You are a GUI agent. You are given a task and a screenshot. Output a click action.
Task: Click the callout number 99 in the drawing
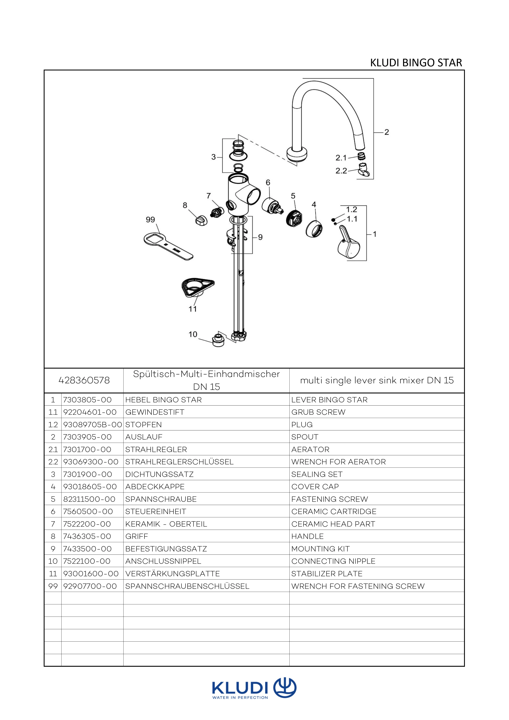click(x=150, y=219)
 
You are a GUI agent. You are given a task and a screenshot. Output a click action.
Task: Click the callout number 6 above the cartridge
click(x=268, y=183)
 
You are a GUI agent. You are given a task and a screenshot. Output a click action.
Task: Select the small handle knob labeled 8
click(x=201, y=220)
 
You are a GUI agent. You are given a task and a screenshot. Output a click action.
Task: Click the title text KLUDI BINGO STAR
click(x=416, y=63)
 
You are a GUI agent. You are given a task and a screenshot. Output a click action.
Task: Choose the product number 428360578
click(x=84, y=380)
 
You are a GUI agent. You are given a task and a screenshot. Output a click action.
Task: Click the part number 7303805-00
click(x=87, y=400)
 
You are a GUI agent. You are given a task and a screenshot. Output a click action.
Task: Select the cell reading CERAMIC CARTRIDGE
click(x=334, y=511)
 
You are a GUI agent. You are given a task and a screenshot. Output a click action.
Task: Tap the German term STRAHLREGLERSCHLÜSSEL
click(x=179, y=462)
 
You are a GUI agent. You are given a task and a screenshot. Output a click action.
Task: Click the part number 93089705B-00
click(x=92, y=425)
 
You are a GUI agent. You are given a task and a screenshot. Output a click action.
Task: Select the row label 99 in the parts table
click(x=53, y=586)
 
